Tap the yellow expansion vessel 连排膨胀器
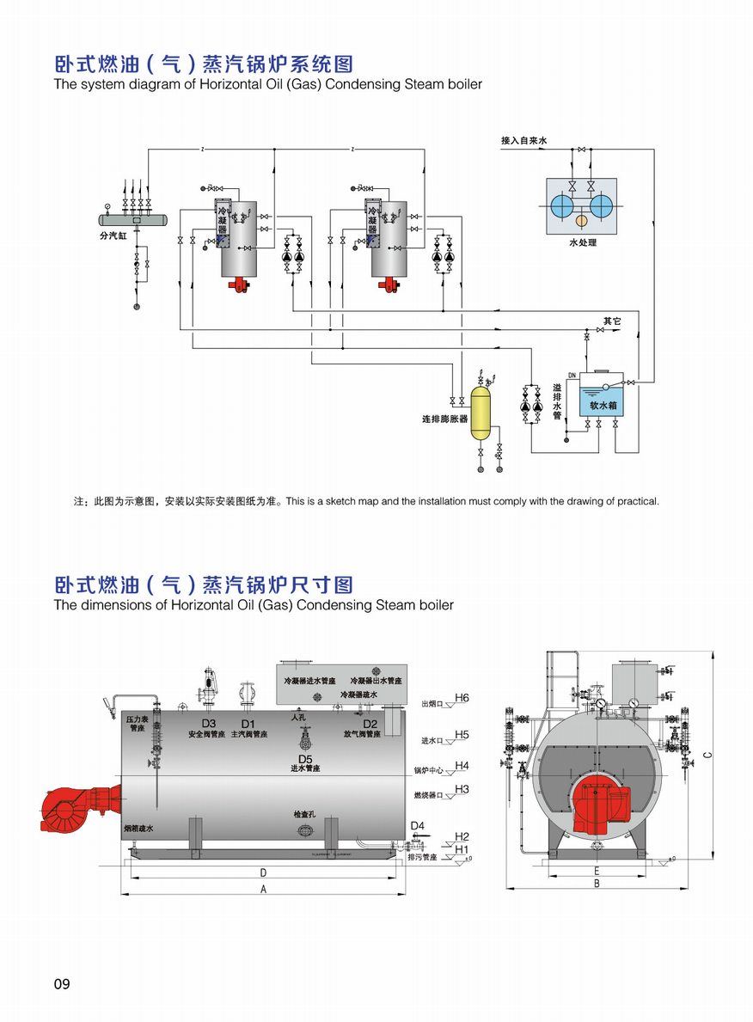[x=480, y=413]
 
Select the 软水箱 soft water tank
[x=603, y=404]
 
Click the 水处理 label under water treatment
[x=582, y=243]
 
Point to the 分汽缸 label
[x=112, y=233]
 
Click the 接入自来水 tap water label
[x=524, y=139]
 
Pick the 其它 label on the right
[x=611, y=321]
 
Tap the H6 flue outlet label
[x=462, y=697]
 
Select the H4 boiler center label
[x=462, y=765]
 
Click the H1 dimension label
[x=462, y=850]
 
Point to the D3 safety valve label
[x=209, y=723]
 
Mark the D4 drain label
[x=418, y=826]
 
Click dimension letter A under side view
[x=263, y=890]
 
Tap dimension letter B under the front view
[x=596, y=884]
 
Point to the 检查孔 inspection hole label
[x=305, y=813]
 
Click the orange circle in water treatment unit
[x=582, y=222]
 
